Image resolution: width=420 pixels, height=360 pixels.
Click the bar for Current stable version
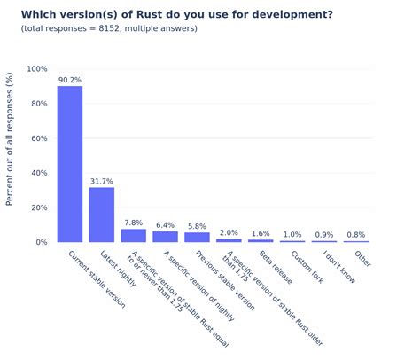[x=70, y=164]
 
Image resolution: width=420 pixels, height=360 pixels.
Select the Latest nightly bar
[x=102, y=215]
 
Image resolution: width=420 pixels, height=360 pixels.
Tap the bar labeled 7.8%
[x=134, y=235]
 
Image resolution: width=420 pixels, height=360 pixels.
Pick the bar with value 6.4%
[x=166, y=237]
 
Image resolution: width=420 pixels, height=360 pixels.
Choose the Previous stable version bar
[x=197, y=237]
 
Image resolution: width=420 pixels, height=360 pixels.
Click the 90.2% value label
[x=70, y=80]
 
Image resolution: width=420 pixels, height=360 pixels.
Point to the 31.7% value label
[x=102, y=181]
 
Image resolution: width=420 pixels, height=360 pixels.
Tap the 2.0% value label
[x=229, y=232]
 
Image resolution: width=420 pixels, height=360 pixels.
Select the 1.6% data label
[x=261, y=233]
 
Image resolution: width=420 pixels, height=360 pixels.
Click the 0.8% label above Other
[x=356, y=234]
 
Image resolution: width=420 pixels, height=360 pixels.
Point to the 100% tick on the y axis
[x=37, y=69]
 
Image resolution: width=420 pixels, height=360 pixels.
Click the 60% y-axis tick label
[x=40, y=138]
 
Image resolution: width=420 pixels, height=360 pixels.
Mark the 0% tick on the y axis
[x=43, y=242]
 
